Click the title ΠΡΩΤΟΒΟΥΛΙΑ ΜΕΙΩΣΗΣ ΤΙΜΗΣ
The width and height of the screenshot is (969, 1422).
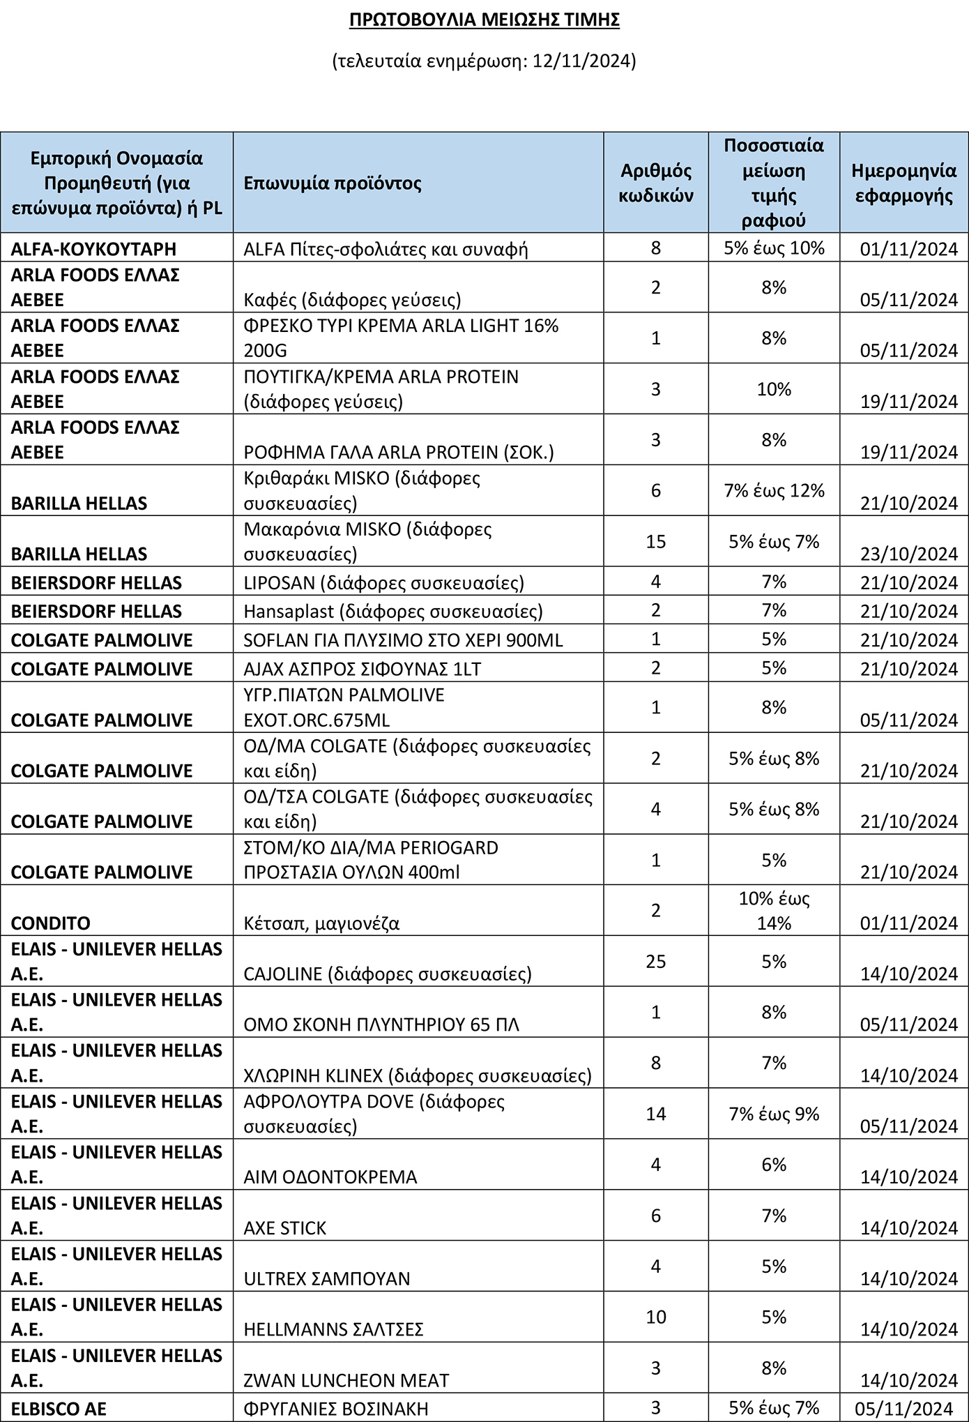coord(484,20)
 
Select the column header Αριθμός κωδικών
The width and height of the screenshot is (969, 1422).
coord(655,183)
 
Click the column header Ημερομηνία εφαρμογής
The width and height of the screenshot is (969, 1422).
coord(903,183)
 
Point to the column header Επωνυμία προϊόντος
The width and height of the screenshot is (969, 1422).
coord(333,183)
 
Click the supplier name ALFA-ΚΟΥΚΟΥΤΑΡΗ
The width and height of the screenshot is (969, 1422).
coord(93,249)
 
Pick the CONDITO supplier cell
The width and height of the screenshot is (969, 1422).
coord(51,923)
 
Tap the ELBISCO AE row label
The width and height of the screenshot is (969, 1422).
coord(59,1409)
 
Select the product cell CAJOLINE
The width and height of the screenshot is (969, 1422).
coord(387,974)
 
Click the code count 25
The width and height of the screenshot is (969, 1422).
coord(655,961)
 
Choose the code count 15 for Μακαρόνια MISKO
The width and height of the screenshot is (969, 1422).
coord(655,541)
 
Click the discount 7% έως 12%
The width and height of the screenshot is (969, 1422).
coord(774,490)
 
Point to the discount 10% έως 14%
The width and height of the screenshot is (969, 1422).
coord(774,910)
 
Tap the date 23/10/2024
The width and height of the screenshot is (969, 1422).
coord(908,554)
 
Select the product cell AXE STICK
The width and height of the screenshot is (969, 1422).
coord(284,1228)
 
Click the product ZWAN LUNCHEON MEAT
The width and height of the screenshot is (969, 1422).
coord(346,1380)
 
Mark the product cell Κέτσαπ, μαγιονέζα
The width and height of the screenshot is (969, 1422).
coord(321,923)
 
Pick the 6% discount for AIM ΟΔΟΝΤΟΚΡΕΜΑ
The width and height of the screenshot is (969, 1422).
coord(774,1165)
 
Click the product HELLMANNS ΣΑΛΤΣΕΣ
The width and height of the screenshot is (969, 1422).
coord(333,1329)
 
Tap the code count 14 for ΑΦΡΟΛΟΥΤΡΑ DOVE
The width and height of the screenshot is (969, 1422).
coord(655,1114)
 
